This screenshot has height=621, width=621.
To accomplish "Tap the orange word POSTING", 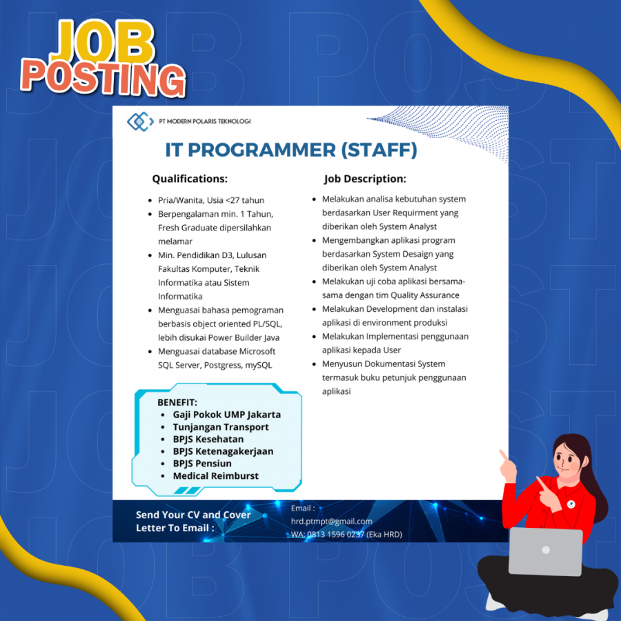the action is click(103, 79).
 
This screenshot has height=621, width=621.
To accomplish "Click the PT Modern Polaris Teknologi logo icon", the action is click(140, 121).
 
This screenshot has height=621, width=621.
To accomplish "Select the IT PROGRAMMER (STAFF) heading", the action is click(291, 150).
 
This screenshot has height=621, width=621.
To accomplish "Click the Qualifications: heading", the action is click(190, 179).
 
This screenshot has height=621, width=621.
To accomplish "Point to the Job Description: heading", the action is click(365, 179).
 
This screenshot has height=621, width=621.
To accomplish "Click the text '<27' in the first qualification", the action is click(233, 200).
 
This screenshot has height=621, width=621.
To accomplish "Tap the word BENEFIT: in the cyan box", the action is click(177, 402).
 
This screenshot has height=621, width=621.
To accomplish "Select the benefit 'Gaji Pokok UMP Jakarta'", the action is click(227, 415).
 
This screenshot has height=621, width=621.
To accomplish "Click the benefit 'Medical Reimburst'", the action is click(216, 475).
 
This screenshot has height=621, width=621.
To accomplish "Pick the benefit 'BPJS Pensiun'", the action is click(202, 464).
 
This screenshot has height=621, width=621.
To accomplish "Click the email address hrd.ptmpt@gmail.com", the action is click(331, 522).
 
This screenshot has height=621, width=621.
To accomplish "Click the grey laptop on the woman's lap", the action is click(545, 551).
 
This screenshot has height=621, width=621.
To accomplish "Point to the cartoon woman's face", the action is click(568, 460).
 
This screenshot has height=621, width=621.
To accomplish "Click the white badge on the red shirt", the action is click(571, 504).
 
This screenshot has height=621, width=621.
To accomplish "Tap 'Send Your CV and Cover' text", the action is click(193, 515).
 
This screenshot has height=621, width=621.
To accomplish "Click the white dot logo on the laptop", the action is click(546, 550).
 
